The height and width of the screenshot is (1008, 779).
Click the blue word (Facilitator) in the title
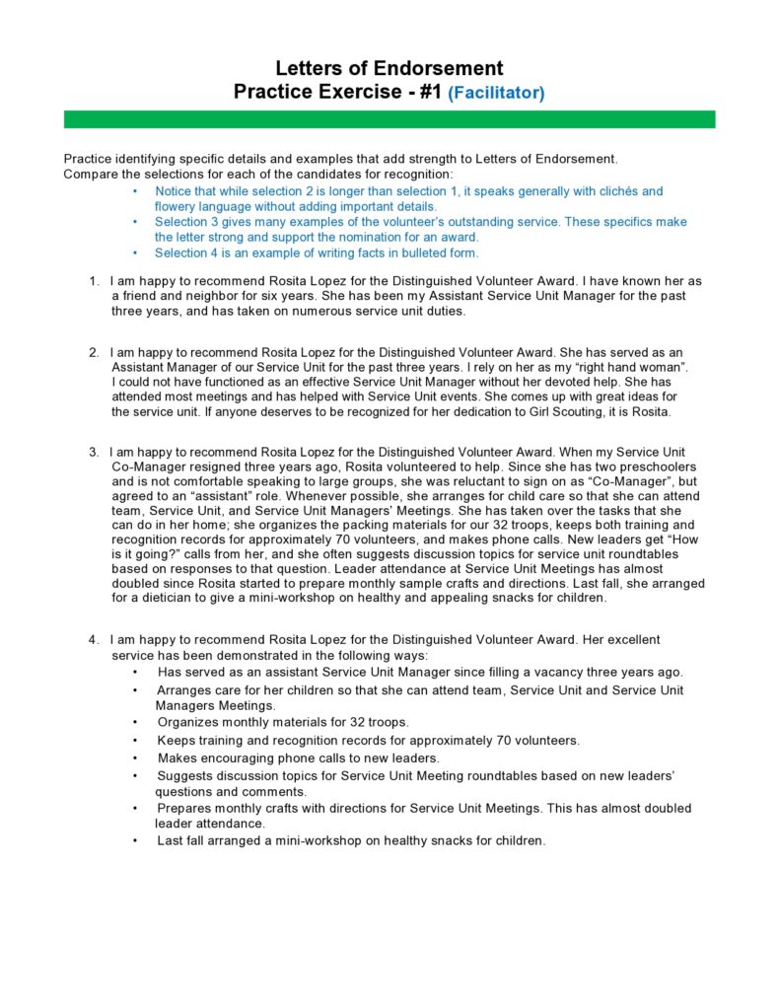pyautogui.click(x=496, y=94)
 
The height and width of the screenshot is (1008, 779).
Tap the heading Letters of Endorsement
pyautogui.click(x=389, y=68)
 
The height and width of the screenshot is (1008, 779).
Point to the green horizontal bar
pyautogui.click(x=389, y=119)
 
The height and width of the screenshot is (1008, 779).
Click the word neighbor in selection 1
pyautogui.click(x=198, y=296)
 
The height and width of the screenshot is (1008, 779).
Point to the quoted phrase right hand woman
pyautogui.click(x=633, y=367)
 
